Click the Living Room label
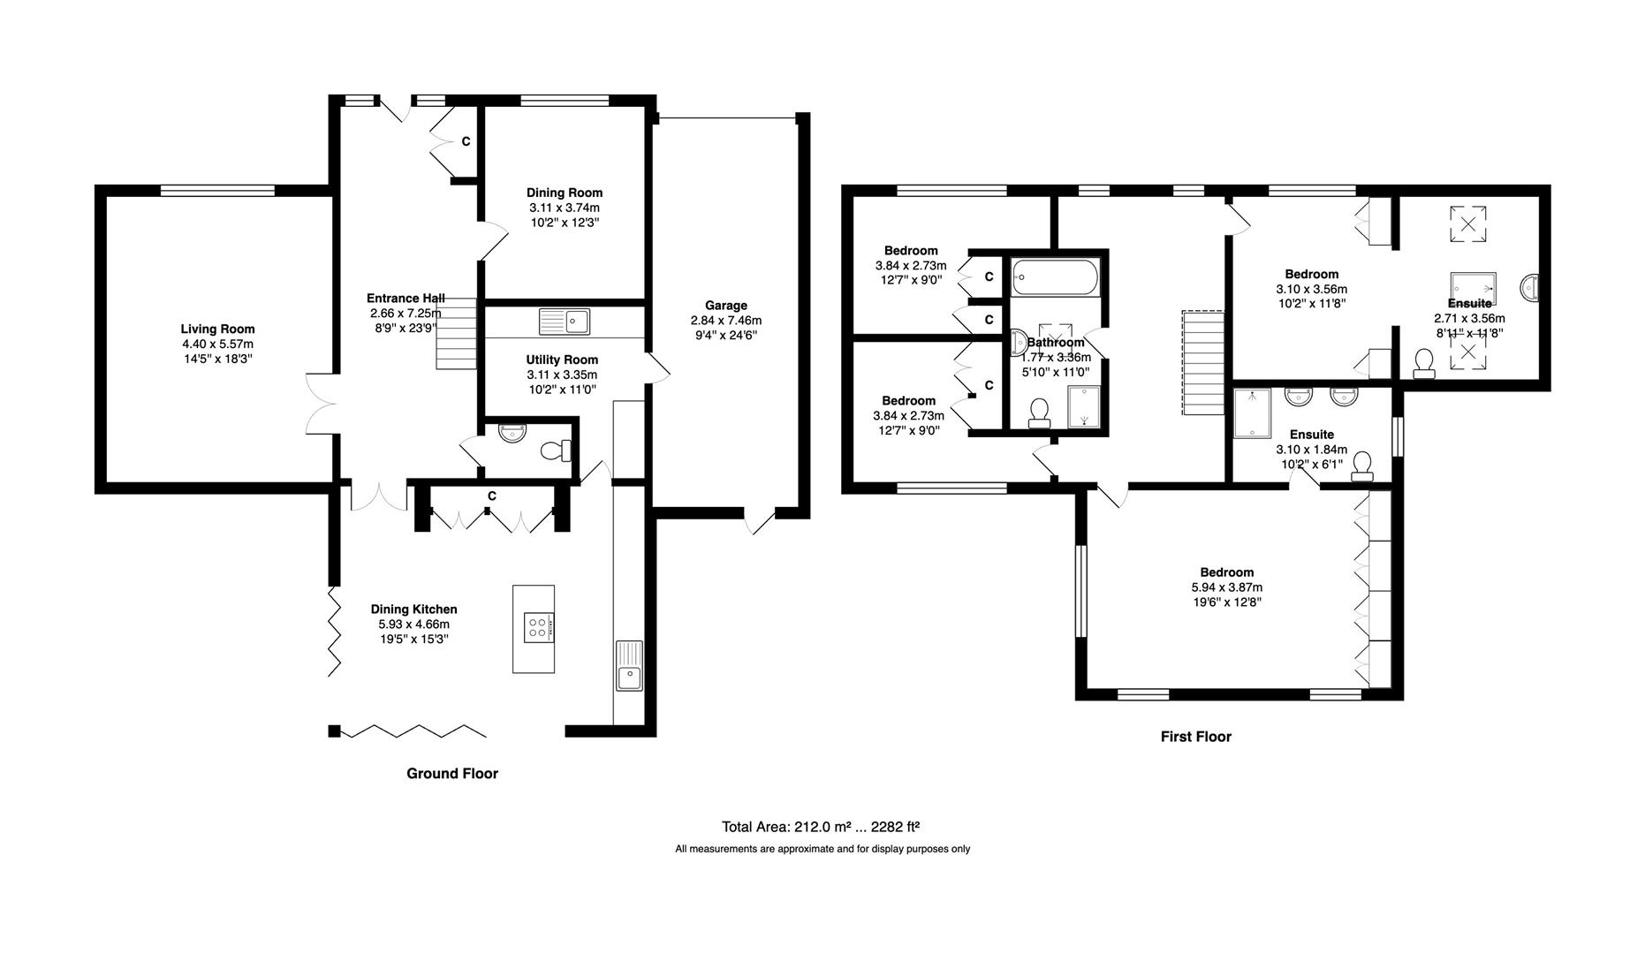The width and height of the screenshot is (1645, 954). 217,329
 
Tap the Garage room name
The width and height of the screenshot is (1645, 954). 726,306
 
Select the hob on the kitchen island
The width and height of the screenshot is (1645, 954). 537,627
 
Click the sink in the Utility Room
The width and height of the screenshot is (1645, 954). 565,322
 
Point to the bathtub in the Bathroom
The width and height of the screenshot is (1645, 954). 1055,276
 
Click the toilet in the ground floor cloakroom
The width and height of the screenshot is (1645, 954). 556,450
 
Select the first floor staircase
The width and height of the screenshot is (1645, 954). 1203,362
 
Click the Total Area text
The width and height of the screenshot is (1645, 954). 821,828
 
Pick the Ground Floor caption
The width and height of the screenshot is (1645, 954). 452,774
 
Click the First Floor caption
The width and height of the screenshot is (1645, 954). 1195,737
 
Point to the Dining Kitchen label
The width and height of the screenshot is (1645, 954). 413,609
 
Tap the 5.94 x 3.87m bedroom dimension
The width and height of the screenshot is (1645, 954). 1226,587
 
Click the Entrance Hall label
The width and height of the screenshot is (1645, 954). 406,299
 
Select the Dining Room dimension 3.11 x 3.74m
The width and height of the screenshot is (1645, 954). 565,208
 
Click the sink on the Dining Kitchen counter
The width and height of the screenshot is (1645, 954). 628,666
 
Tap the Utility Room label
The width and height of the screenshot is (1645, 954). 562,360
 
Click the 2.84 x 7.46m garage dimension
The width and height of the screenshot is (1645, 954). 726,321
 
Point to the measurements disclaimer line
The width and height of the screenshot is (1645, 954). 822,849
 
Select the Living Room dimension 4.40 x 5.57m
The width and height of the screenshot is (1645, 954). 217,344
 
